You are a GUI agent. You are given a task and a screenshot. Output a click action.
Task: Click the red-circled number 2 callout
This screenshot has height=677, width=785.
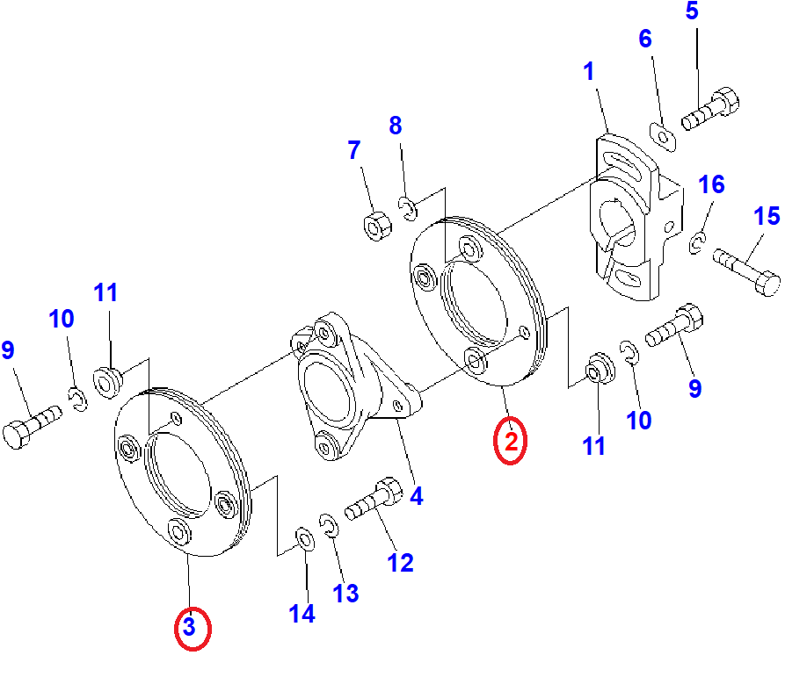(x=510, y=441)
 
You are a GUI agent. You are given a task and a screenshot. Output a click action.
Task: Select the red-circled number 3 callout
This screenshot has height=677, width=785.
(x=193, y=628)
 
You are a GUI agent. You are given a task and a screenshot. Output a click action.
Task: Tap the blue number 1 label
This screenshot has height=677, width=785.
(x=589, y=71)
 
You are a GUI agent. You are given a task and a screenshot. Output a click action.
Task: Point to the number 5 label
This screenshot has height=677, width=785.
(x=692, y=11)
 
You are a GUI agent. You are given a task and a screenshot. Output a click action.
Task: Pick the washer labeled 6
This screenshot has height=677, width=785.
(x=663, y=136)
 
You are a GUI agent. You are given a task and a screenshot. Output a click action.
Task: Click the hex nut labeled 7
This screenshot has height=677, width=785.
(x=377, y=226)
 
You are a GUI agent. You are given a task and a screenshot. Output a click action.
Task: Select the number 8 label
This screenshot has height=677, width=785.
(x=395, y=126)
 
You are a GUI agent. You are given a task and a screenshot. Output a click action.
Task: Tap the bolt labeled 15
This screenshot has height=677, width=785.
(x=746, y=271)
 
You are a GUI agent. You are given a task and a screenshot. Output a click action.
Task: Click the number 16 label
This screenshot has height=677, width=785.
(x=711, y=184)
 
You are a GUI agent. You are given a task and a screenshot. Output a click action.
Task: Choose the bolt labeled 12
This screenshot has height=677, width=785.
(x=374, y=499)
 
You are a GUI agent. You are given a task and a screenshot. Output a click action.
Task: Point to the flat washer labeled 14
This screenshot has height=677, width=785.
(x=304, y=539)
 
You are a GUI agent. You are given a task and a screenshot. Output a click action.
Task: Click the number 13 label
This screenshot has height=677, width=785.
(x=345, y=594)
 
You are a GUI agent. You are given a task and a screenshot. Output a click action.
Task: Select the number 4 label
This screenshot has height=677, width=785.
(x=416, y=496)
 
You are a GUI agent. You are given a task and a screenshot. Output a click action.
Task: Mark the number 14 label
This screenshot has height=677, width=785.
(x=302, y=614)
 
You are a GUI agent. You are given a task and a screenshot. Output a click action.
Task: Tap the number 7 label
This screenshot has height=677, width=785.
(x=354, y=150)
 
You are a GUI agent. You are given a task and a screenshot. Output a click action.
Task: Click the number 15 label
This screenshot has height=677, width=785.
(x=767, y=216)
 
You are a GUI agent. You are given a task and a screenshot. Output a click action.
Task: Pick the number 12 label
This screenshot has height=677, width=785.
(x=400, y=563)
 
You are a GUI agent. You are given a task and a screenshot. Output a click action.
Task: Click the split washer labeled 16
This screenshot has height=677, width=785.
(x=696, y=243)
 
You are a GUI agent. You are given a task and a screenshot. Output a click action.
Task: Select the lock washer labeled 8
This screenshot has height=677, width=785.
(x=408, y=208)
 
